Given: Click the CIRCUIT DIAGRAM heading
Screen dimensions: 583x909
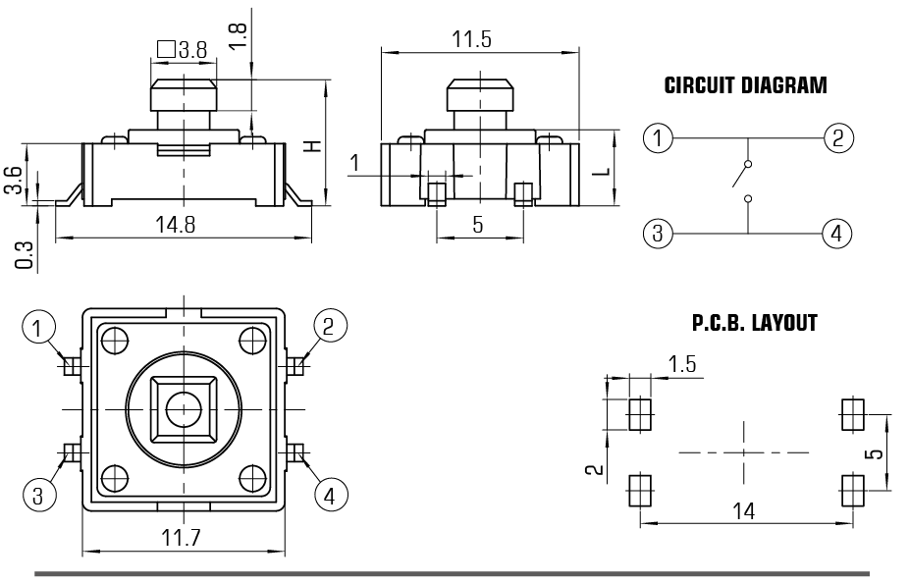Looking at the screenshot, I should (x=745, y=85).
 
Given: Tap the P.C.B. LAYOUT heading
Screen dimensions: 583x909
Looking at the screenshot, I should (x=754, y=323).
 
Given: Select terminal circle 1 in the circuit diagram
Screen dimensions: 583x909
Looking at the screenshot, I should (x=658, y=137).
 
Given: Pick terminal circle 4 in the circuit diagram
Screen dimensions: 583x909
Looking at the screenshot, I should (x=836, y=234).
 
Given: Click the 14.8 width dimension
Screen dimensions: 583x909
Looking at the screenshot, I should (x=176, y=225).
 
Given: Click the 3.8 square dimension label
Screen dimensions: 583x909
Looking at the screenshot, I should (x=182, y=48).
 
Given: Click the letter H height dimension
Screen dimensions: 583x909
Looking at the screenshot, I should (x=312, y=146).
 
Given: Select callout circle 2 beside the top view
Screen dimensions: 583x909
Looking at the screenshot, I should (x=329, y=325).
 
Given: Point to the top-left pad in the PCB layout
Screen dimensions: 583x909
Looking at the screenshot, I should (x=640, y=414).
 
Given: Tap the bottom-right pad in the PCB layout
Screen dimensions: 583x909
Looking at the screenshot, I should (x=852, y=488).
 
